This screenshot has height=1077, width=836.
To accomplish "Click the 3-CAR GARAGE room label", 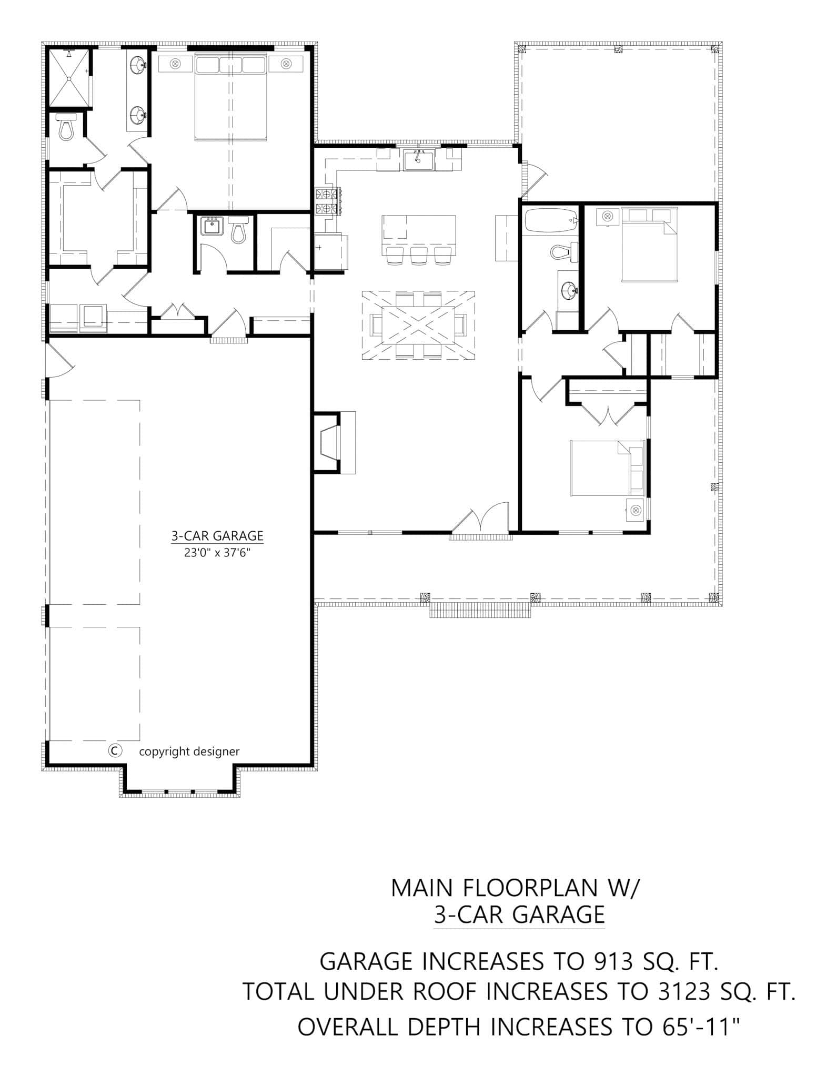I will [x=217, y=536].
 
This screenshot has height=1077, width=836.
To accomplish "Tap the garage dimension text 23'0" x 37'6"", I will [x=217, y=553].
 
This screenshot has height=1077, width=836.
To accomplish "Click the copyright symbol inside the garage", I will [x=115, y=750].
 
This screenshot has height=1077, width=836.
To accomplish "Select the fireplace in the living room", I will [x=330, y=442].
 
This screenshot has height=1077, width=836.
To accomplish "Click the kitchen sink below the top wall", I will [x=418, y=160].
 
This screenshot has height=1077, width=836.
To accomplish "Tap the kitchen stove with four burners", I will [x=327, y=201].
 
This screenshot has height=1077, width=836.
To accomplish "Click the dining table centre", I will [x=418, y=326].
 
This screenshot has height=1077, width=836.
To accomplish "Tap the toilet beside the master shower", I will [x=66, y=128].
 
